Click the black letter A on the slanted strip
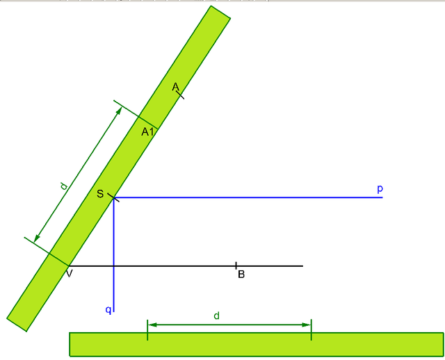(176, 87)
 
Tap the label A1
(147, 131)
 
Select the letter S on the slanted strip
(100, 194)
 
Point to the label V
(70, 274)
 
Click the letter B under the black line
(241, 275)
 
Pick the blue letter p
(380, 188)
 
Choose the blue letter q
(108, 309)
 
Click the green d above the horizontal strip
(216, 316)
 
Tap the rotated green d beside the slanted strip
(64, 186)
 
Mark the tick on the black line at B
(236, 265)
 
